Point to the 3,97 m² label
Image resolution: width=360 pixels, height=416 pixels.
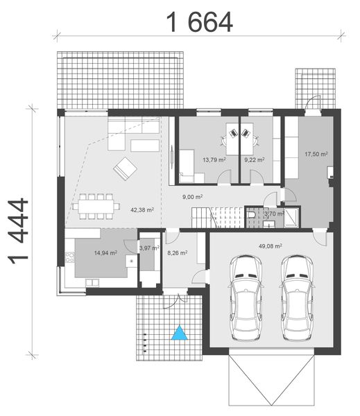149,248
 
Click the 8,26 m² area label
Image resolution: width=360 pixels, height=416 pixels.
178,253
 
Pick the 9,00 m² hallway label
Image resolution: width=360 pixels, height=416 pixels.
192,198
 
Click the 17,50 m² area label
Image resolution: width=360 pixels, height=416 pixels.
316,155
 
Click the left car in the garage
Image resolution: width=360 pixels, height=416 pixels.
246,296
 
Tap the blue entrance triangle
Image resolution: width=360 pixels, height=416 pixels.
180,333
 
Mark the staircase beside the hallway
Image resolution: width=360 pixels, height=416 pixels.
224,217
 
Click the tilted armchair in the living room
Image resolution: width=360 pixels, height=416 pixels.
125,168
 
